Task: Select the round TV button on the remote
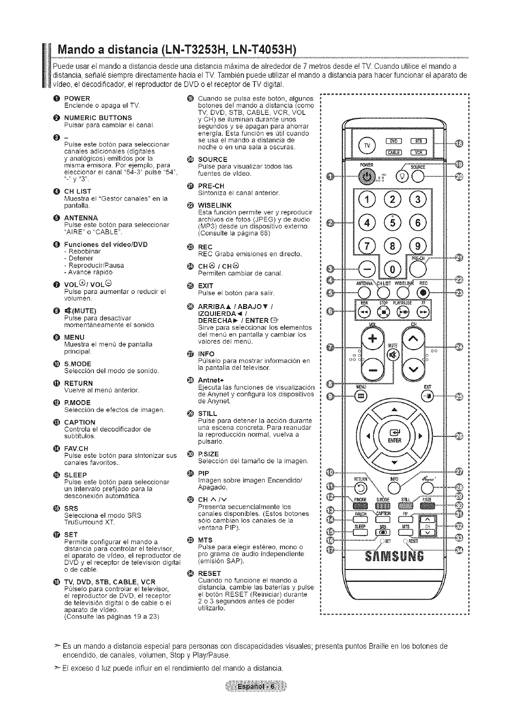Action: [x=367, y=146]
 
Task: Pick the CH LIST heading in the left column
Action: [x=78, y=191]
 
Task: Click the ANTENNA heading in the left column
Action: [x=81, y=217]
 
